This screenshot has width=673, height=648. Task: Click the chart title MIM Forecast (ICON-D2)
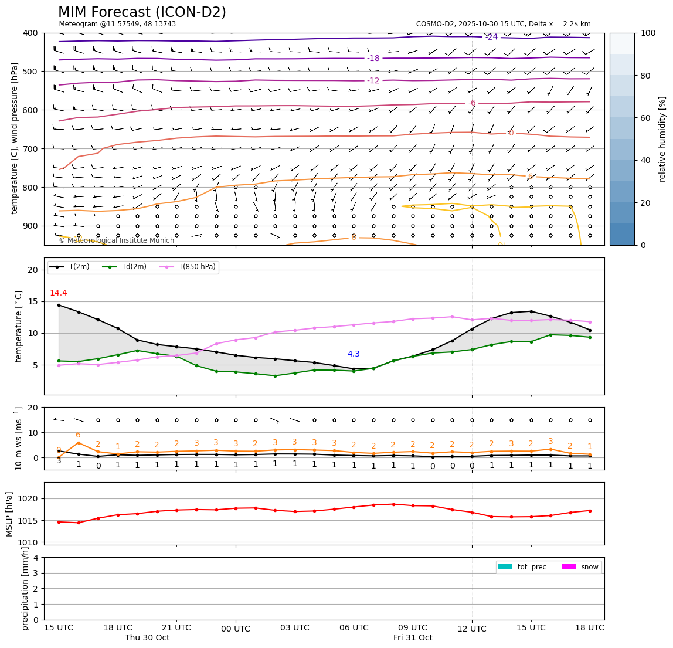142,12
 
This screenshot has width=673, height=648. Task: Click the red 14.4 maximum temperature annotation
58,293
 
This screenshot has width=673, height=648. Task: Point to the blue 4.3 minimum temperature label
354,354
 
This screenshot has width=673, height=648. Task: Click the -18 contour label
373,58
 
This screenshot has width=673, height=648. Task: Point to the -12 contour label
373,80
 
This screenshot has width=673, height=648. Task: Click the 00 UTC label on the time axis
236,629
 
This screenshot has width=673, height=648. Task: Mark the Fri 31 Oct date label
413,637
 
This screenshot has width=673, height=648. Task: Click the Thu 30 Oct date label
147,637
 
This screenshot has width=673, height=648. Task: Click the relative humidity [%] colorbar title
662,139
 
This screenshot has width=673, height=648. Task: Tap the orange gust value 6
78,435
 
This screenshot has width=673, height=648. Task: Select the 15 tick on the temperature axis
34,301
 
